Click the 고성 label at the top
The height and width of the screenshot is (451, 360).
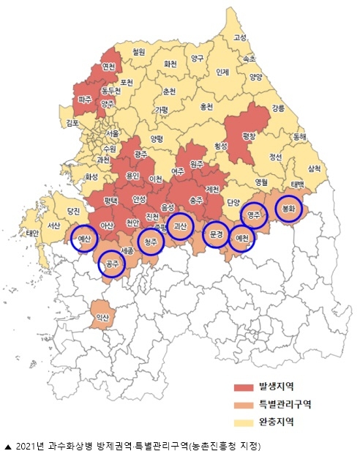coord(240,37)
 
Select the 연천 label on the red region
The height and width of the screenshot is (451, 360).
coord(109,67)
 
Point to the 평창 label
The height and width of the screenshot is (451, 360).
coord(250,135)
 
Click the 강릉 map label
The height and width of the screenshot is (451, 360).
coord(279,108)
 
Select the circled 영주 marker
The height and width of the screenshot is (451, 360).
coord(254,215)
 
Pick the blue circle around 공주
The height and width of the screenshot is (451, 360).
coord(112,264)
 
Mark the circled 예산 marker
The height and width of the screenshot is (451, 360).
coord(84,239)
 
